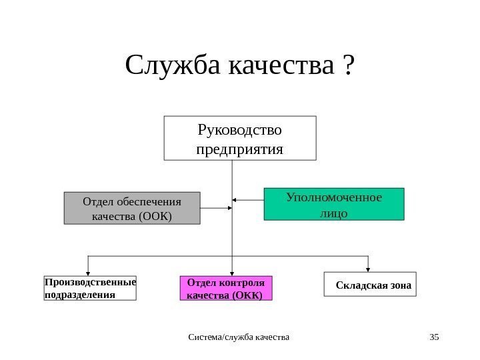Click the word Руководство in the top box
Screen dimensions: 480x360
tap(240, 129)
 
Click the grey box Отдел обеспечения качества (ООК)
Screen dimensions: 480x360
tap(131, 208)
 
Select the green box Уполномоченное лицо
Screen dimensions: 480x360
tap(334, 205)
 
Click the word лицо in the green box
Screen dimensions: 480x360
tap(334, 213)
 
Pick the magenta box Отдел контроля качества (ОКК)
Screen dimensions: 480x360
tap(227, 288)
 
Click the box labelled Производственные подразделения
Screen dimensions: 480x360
tap(89, 288)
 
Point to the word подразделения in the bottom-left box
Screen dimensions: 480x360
tap(79, 294)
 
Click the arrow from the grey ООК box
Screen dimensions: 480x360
tap(216, 209)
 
